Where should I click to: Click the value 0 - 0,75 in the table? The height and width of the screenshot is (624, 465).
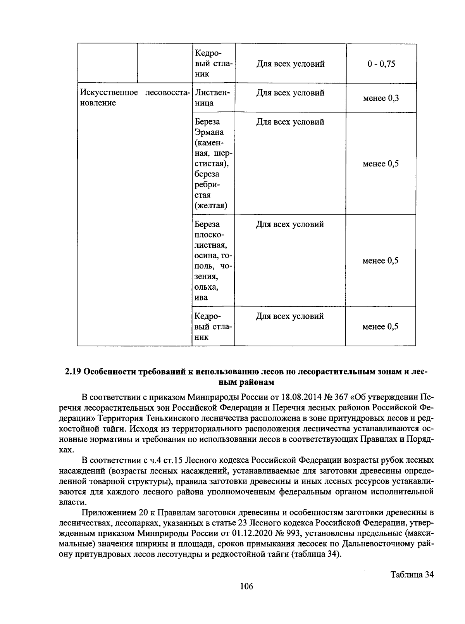pyautogui.click(x=381, y=64)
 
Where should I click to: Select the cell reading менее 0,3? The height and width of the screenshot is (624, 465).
pyautogui.click(x=381, y=98)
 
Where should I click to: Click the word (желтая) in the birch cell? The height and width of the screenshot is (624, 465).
pyautogui.click(x=211, y=206)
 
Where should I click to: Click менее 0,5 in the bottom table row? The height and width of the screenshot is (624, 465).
pyautogui.click(x=380, y=327)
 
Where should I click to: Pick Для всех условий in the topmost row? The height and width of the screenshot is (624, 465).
pyautogui.click(x=290, y=64)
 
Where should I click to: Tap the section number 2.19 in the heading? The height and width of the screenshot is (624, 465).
pyautogui.click(x=72, y=372)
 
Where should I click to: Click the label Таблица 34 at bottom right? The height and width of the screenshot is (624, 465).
pyautogui.click(x=412, y=574)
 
